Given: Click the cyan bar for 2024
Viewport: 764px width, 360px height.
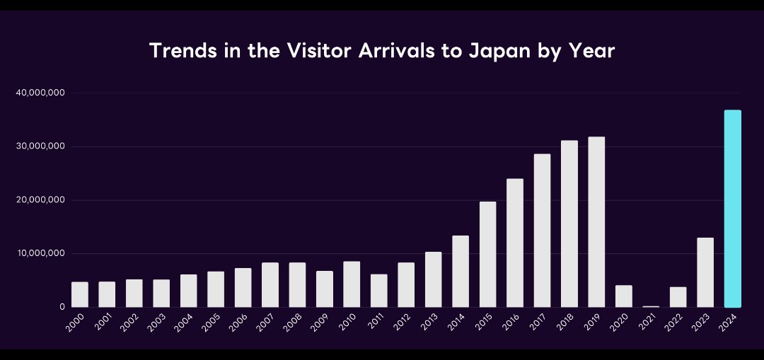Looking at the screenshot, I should tap(733, 209).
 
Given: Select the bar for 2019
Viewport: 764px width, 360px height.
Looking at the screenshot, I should tap(596, 222).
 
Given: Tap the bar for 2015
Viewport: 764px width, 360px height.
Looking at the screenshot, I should tap(487, 255).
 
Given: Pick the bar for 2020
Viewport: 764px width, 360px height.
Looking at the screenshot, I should tap(624, 296).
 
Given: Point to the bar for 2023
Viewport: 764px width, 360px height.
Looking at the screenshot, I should tap(705, 272).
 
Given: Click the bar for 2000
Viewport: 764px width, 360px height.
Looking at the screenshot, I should tap(80, 295).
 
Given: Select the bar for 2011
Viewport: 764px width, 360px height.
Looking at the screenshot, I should tap(379, 291).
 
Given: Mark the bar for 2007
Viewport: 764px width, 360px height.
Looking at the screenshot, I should tap(270, 285).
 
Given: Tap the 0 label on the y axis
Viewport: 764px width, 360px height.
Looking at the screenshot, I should tap(63, 307).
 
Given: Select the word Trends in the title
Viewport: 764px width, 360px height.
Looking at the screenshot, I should tap(178, 52).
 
